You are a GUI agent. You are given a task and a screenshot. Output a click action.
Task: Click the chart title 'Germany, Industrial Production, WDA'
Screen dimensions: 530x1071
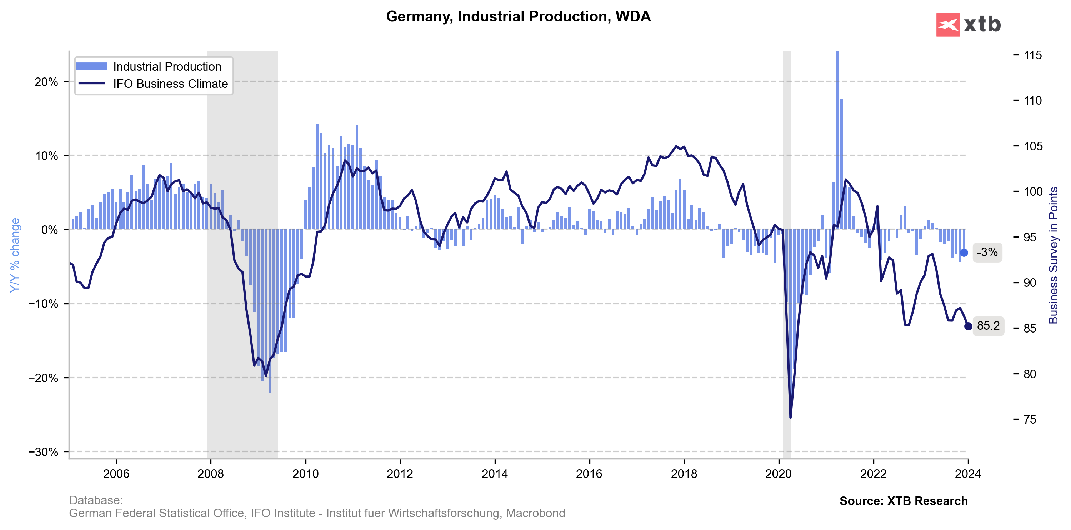click(x=518, y=17)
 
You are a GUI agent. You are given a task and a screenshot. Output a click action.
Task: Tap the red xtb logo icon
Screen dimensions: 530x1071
click(x=947, y=25)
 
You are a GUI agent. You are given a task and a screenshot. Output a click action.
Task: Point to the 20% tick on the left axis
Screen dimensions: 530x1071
click(x=46, y=82)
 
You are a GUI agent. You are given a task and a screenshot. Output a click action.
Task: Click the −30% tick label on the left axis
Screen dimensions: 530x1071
click(x=43, y=452)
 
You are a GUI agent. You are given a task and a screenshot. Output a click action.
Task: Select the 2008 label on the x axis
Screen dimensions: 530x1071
click(x=210, y=474)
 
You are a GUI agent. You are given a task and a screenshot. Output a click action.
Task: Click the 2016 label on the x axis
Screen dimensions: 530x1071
click(x=589, y=474)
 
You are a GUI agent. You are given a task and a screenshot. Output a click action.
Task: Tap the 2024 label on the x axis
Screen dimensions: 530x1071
click(x=968, y=474)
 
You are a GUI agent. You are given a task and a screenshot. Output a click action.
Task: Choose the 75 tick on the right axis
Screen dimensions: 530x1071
click(x=1030, y=419)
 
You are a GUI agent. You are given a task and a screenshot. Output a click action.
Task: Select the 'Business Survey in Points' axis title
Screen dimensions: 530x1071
click(x=1053, y=255)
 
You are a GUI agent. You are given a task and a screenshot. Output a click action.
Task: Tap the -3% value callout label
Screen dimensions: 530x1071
click(x=987, y=252)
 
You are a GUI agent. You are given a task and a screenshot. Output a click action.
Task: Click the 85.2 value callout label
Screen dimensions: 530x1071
click(x=988, y=326)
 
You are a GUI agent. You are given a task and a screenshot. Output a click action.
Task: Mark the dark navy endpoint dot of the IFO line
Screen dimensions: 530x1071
click(x=968, y=326)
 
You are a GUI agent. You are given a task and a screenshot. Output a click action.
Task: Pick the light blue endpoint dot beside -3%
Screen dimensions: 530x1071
click(x=964, y=253)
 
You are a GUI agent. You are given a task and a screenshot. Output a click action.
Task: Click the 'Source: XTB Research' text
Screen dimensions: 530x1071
click(x=903, y=501)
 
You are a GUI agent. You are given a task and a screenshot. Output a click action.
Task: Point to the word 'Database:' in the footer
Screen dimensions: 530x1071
click(x=96, y=500)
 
